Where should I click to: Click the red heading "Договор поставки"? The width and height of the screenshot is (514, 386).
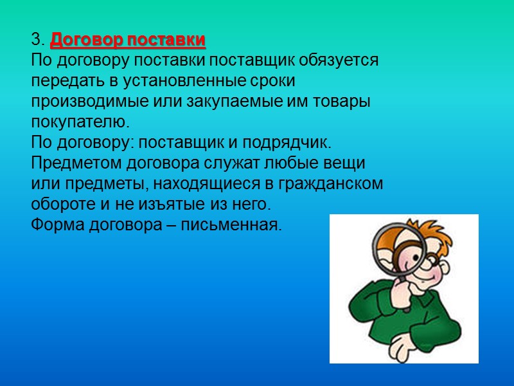point(128,41)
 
